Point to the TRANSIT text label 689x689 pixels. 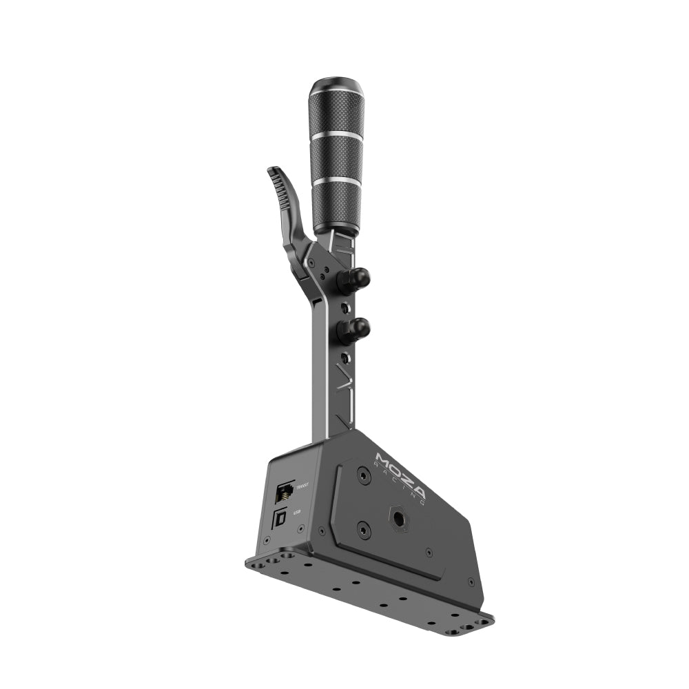pyautogui.click(x=301, y=487)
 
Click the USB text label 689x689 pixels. pyautogui.click(x=298, y=512)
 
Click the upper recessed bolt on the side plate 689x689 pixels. pyautogui.click(x=363, y=475)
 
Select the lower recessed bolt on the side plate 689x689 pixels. pyautogui.click(x=364, y=530)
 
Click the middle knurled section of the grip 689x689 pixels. pyautogui.click(x=337, y=158)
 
